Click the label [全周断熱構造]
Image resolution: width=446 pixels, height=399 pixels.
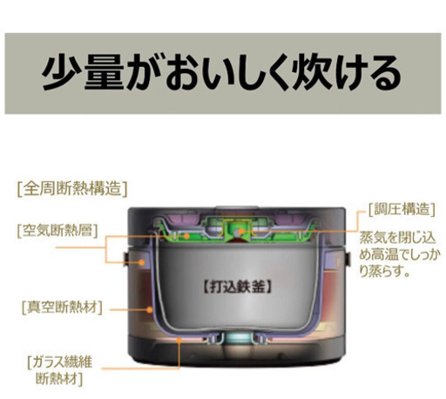(x=72, y=189)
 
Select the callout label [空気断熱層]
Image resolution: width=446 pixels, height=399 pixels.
(x=57, y=231)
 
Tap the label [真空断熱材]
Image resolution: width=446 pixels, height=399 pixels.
(x=62, y=307)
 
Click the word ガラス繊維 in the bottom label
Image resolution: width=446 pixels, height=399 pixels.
(x=62, y=362)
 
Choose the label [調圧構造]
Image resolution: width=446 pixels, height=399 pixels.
(x=402, y=209)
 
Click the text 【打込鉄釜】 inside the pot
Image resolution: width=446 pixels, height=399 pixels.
(x=238, y=287)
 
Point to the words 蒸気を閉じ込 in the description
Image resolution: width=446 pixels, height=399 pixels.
(x=398, y=238)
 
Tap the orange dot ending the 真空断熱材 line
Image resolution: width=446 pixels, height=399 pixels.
(x=150, y=309)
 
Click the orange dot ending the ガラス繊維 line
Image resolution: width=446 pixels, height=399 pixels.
(x=179, y=340)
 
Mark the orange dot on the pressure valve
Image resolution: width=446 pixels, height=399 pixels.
(x=241, y=232)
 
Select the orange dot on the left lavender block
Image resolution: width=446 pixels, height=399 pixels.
(x=142, y=262)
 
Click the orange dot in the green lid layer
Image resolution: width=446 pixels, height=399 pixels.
(x=186, y=236)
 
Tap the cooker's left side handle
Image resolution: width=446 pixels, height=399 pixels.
(x=126, y=259)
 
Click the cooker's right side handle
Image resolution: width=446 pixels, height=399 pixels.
(x=348, y=259)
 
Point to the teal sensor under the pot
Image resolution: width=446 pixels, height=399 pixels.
(x=238, y=338)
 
